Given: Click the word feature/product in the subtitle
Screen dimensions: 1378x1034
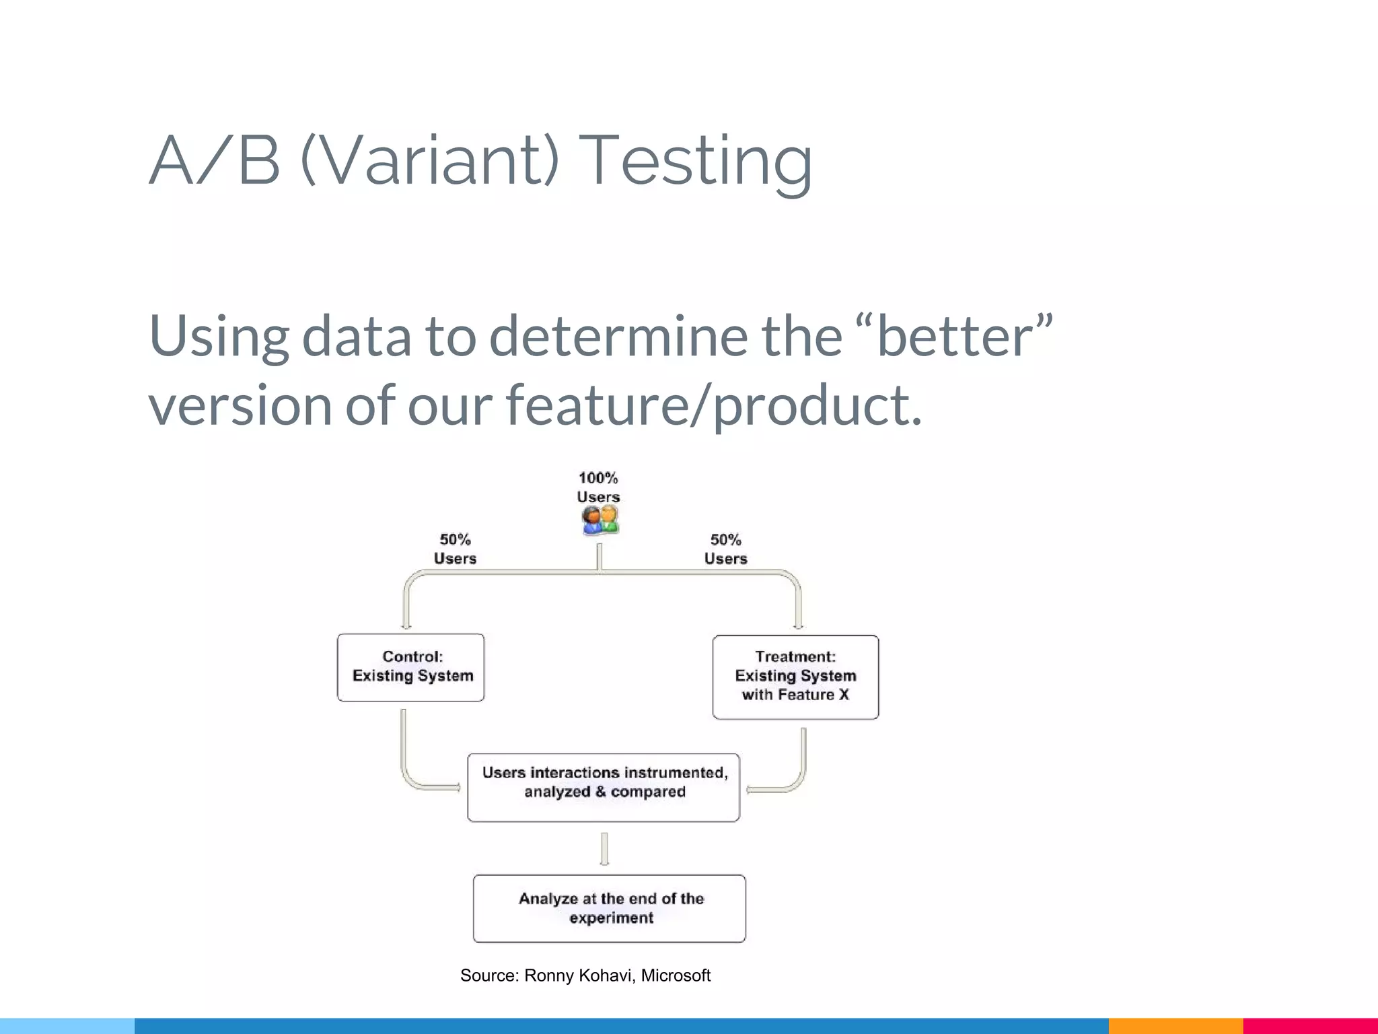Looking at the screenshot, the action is [713, 406].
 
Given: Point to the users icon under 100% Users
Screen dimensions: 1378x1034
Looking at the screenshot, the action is [600, 520].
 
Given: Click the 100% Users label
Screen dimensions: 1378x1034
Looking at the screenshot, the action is [598, 487].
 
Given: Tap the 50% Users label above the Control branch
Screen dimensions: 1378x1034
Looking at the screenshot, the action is [455, 549].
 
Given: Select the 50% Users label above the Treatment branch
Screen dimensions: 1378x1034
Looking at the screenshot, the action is [725, 549].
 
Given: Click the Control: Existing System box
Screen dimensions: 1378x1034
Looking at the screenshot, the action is [411, 667].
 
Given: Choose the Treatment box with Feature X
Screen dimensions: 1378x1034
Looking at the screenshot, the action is [795, 677].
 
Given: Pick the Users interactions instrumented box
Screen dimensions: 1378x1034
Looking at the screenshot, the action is [604, 787].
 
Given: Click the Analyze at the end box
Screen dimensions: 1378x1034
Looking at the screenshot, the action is [610, 908].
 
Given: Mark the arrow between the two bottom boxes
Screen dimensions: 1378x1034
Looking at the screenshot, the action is [604, 849].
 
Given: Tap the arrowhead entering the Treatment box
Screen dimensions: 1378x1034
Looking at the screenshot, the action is [799, 625].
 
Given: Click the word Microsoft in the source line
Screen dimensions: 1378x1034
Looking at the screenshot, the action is [676, 975].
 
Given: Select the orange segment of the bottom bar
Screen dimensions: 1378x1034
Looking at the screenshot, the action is [1175, 1026].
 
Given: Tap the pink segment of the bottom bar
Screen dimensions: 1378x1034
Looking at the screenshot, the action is [1310, 1026].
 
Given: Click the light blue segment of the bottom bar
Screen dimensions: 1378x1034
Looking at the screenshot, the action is [67, 1026].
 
